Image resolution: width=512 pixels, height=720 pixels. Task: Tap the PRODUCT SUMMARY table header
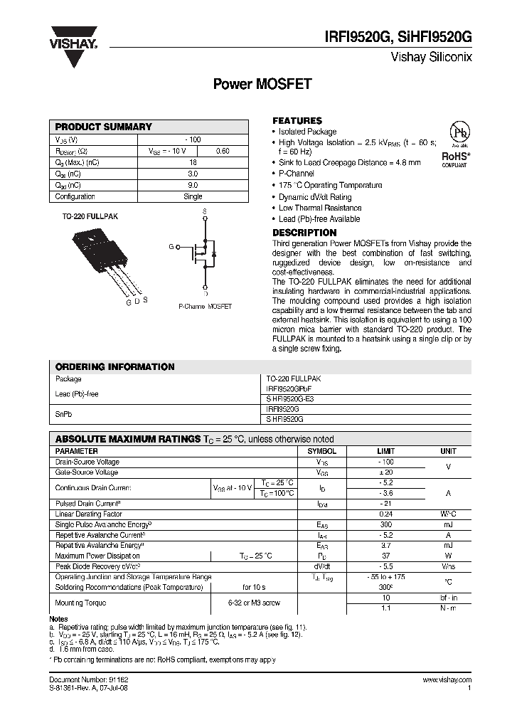(x=104, y=127)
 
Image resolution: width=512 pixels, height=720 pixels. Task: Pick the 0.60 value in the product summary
(x=222, y=151)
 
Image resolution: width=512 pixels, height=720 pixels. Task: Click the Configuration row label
(x=75, y=196)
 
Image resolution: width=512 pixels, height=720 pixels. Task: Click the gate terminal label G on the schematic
(x=171, y=246)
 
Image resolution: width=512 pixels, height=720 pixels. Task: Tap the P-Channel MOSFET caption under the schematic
(x=205, y=306)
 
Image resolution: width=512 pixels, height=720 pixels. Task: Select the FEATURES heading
(x=297, y=121)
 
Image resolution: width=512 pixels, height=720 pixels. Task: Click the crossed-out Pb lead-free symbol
(x=455, y=135)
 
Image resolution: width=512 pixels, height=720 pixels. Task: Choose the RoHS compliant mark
(x=455, y=158)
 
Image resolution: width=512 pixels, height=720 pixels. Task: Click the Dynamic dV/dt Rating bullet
(x=315, y=197)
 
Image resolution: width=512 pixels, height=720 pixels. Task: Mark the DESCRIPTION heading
(x=305, y=233)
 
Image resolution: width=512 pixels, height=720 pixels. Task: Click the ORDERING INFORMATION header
(x=114, y=367)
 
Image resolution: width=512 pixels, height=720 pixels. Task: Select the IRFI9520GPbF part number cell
(x=289, y=390)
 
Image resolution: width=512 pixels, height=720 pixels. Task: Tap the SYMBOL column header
(x=321, y=451)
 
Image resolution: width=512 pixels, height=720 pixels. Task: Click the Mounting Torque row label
(x=80, y=603)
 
